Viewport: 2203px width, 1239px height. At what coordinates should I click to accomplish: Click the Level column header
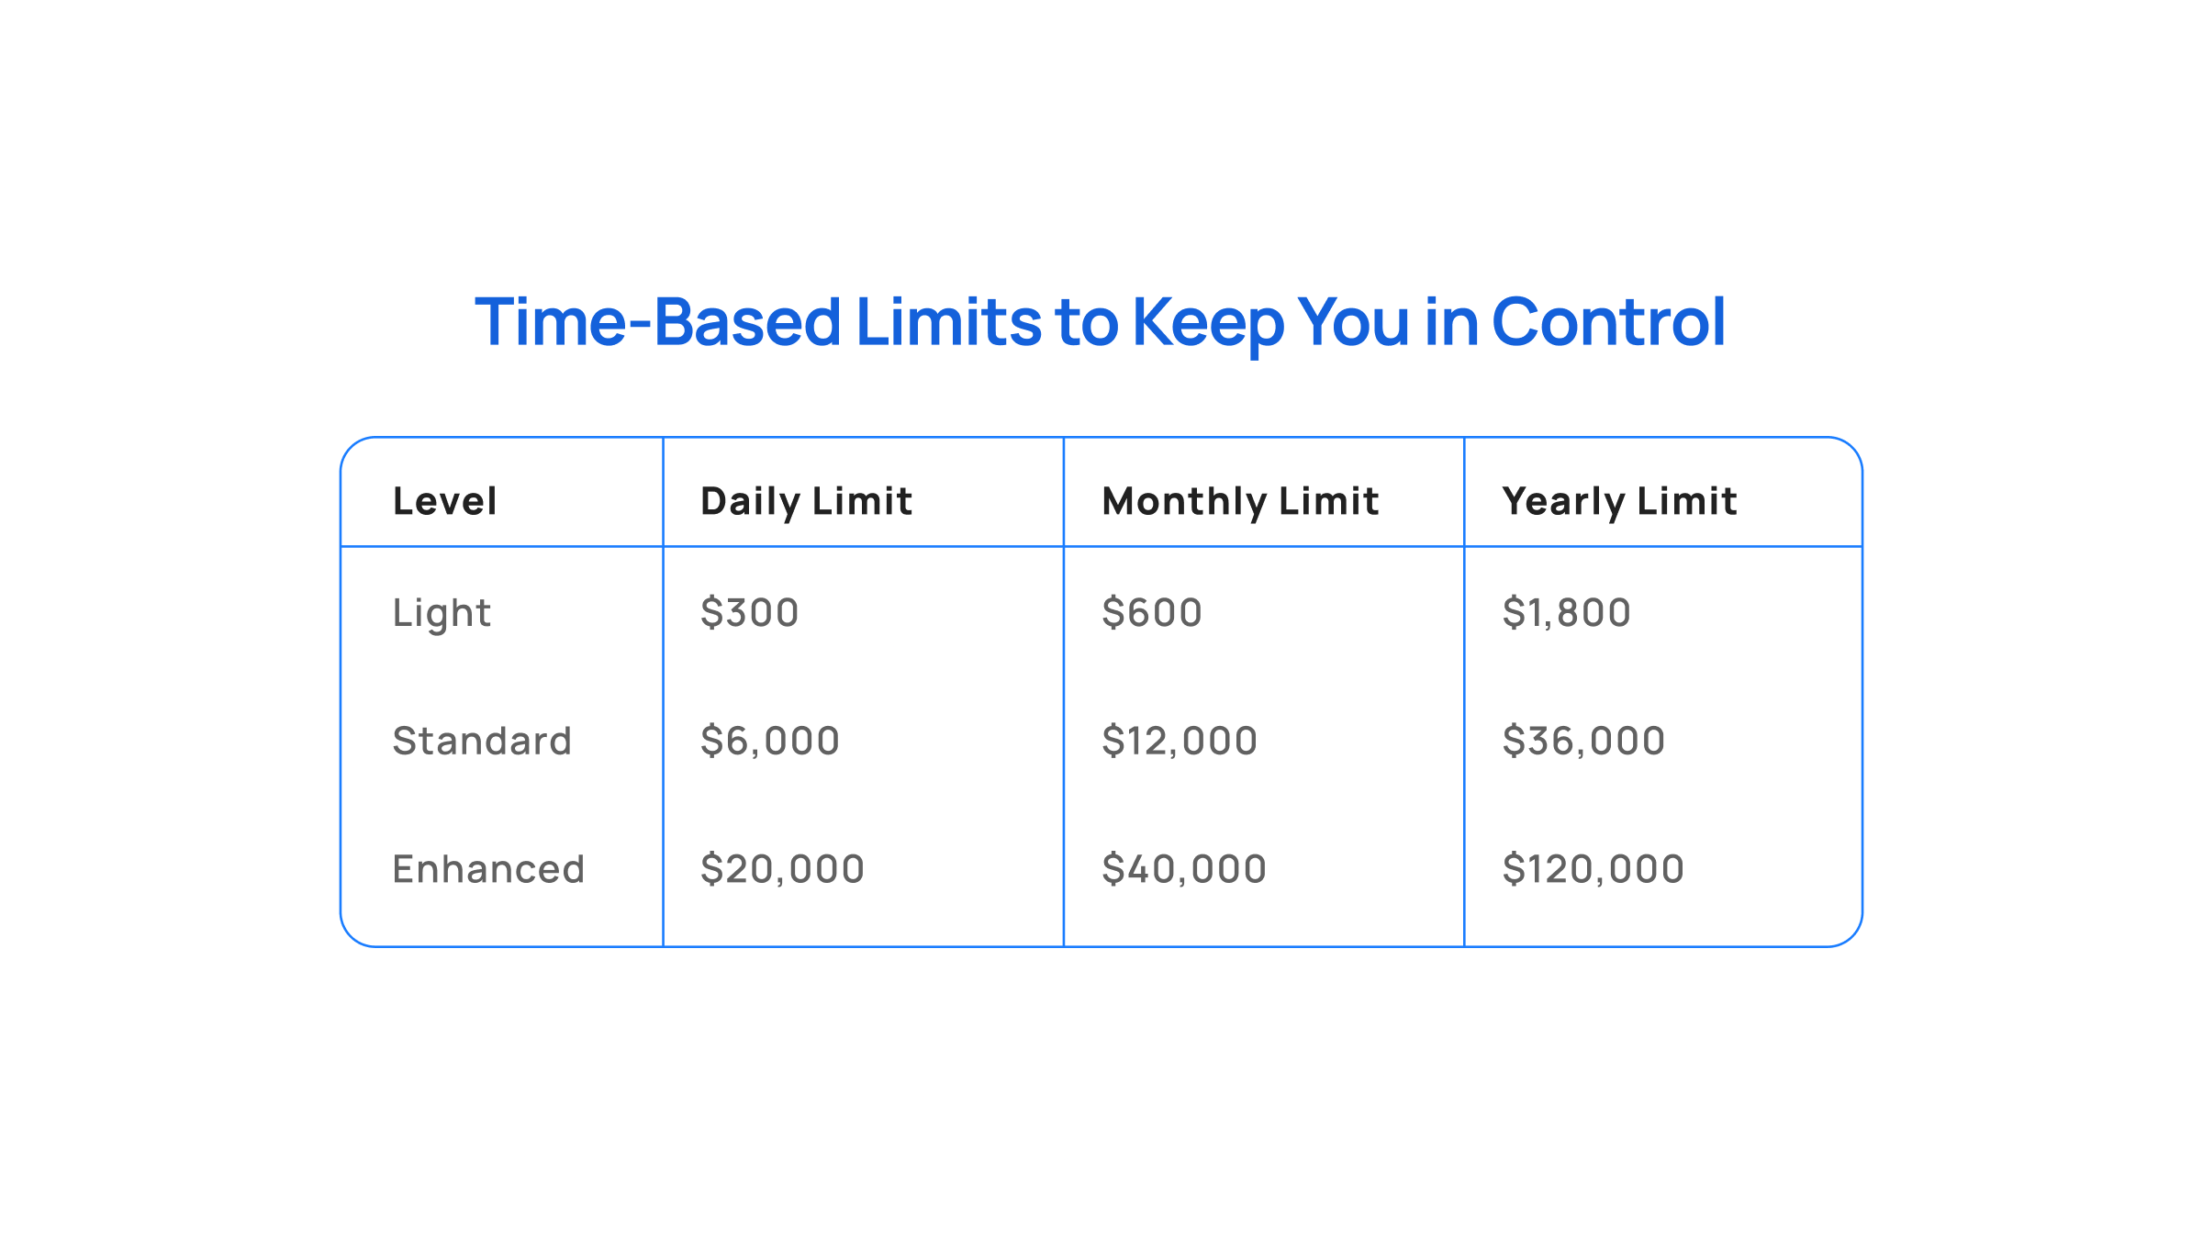[x=445, y=501]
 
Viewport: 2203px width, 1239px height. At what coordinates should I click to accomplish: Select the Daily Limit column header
[x=806, y=502]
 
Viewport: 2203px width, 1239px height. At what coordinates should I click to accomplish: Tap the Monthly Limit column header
[x=1240, y=502]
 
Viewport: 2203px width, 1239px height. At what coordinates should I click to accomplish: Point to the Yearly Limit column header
[x=1619, y=502]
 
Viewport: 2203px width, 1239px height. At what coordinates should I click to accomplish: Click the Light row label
[x=442, y=613]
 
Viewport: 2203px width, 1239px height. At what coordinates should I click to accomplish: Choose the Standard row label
[x=482, y=741]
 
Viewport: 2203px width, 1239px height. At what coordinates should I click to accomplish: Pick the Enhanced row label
[x=488, y=869]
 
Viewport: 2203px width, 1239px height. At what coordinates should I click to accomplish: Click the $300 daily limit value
[x=749, y=612]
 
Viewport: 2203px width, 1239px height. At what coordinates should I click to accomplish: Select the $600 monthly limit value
[x=1152, y=612]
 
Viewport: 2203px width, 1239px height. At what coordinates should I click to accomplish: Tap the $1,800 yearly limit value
[x=1566, y=612]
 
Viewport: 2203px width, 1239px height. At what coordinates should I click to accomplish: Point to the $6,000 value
[x=770, y=741]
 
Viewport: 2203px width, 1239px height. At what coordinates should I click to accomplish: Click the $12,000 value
[x=1180, y=741]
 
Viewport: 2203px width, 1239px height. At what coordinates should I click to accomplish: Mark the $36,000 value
[x=1583, y=741]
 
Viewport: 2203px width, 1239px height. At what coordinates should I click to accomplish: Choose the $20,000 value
[x=782, y=869]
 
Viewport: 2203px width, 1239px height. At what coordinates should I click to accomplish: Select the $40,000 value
[x=1184, y=869]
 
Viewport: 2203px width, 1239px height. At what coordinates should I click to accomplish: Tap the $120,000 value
[x=1593, y=869]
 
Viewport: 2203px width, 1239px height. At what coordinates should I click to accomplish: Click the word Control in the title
[x=1608, y=322]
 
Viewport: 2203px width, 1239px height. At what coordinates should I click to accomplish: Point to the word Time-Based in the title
[x=658, y=322]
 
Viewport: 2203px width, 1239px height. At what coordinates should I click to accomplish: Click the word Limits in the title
[x=948, y=322]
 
